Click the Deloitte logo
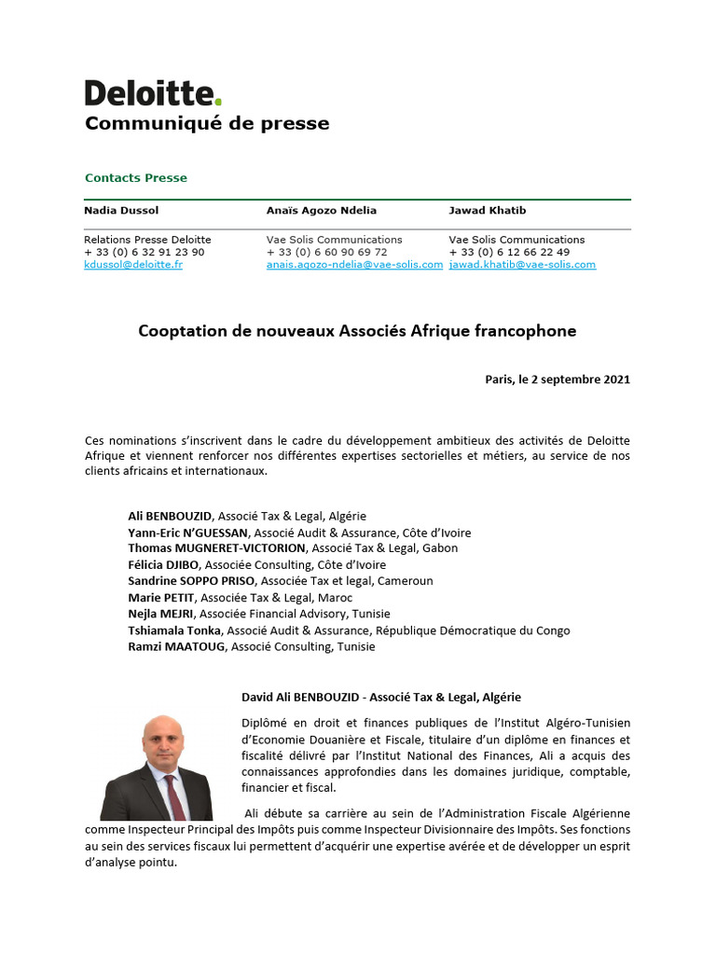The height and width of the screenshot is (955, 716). pos(153,93)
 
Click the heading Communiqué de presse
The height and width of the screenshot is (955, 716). pos(207,124)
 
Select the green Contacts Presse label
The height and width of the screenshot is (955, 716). pos(135,178)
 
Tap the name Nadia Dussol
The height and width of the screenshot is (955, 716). pos(121,211)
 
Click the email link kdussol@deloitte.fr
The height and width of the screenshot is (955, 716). pos(133,265)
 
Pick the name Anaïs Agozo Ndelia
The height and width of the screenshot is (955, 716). pos(322,211)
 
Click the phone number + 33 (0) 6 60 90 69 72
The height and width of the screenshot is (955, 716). pos(326,253)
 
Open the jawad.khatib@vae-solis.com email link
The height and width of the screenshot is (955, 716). pos(522,265)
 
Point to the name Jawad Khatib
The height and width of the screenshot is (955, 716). pos(488,211)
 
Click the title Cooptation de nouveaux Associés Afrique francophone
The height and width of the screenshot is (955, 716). pos(357,331)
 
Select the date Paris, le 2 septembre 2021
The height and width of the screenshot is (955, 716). pos(558,380)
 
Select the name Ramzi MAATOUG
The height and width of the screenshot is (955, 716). pos(176,646)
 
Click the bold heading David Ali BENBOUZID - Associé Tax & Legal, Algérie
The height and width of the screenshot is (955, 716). pos(381,697)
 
